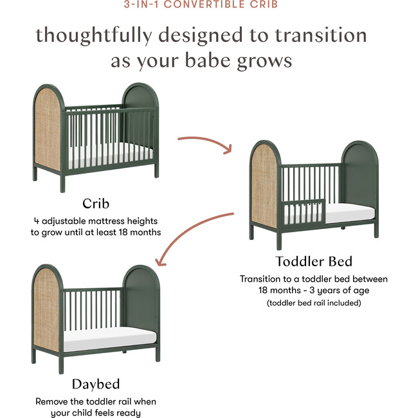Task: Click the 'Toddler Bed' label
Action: pos(314,261)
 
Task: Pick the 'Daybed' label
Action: pos(95,385)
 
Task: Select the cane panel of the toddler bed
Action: pos(264,186)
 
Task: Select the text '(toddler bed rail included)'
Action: pos(314,302)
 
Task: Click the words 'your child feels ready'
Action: pos(95,413)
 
